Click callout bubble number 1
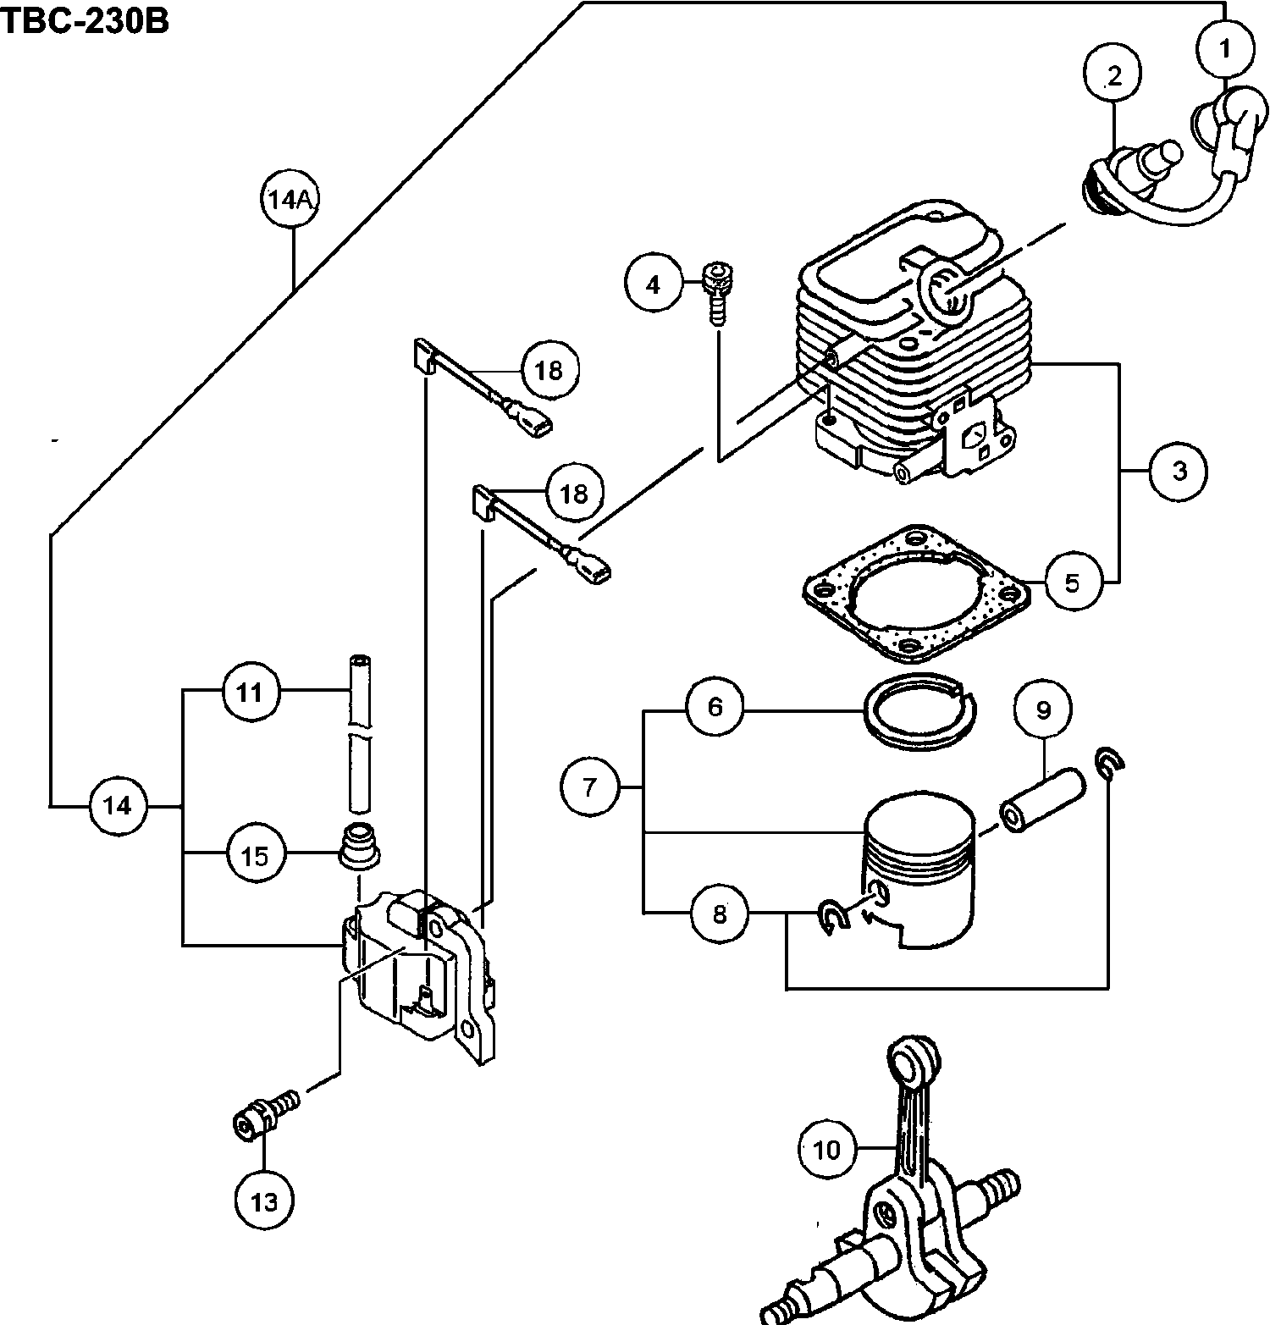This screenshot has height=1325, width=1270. point(1224,50)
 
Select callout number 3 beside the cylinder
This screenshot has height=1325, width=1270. point(1179,471)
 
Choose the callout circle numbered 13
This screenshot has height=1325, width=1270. point(264,1201)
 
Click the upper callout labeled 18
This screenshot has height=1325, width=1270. point(549,371)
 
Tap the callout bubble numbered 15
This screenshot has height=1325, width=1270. point(255,855)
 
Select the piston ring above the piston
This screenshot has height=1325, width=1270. point(919,714)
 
